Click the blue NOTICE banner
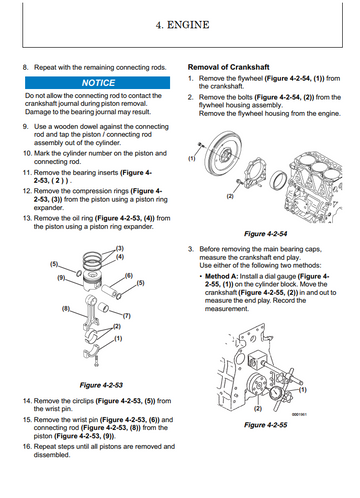click(97, 83)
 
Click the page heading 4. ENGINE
click(182, 25)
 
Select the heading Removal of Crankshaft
click(228, 67)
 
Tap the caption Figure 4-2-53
click(101, 385)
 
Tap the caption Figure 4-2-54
click(265, 234)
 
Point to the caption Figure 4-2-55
click(265, 425)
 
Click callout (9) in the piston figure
click(61, 277)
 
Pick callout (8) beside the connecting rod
click(66, 309)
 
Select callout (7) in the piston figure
click(126, 316)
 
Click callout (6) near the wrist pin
click(129, 275)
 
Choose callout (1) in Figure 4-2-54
click(192, 158)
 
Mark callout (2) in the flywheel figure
click(230, 196)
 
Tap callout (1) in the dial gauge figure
click(302, 389)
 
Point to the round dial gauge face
click(276, 393)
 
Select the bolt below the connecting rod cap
click(96, 361)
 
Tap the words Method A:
click(221, 276)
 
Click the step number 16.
click(27, 446)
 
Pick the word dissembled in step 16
click(52, 455)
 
